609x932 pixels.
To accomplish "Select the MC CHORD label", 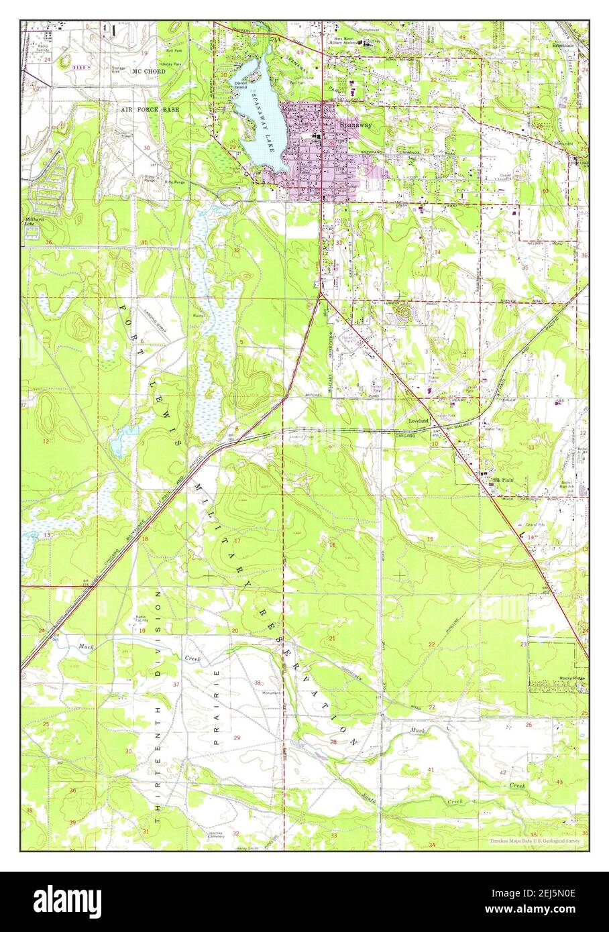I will point(149,70).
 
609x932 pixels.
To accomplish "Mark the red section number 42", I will point(502,772).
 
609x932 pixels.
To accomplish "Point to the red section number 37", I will point(176,684).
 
